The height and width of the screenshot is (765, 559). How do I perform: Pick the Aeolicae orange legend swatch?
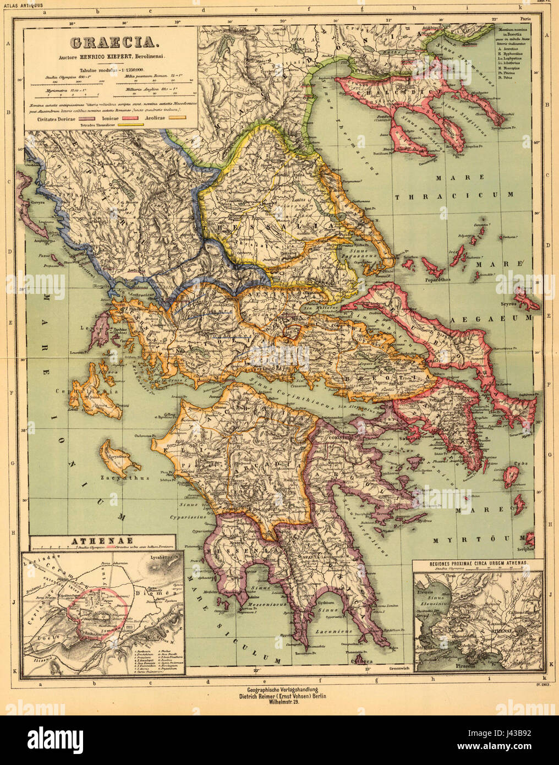175,117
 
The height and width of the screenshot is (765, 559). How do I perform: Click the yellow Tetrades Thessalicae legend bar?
127,125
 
